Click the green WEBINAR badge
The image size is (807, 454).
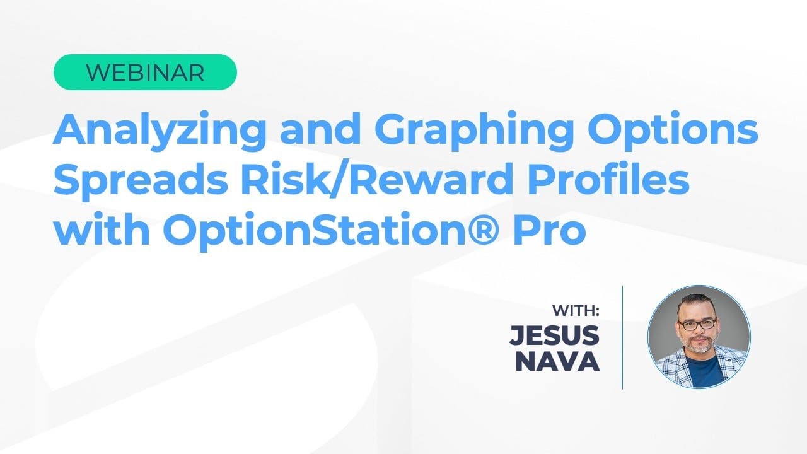pos(145,73)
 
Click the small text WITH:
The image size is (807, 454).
pos(576,311)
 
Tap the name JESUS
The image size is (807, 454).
pos(555,335)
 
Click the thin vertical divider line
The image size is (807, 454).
pos(623,337)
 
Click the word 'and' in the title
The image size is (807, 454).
pos(323,131)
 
